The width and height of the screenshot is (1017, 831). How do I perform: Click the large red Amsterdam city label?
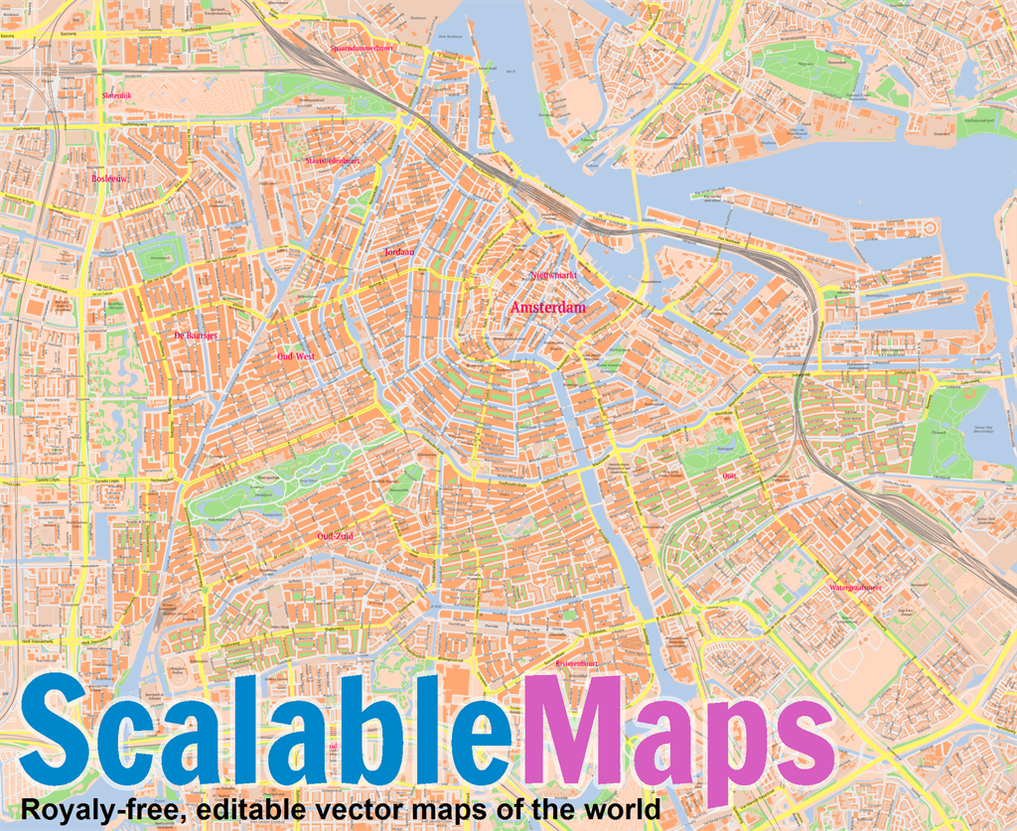548,309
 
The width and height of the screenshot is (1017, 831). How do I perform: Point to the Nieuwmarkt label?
555,273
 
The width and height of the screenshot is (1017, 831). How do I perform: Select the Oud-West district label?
296,354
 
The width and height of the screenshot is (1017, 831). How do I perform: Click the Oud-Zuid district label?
335,536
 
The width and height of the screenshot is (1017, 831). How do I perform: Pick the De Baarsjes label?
195,336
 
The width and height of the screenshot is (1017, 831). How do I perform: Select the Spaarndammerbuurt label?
362,48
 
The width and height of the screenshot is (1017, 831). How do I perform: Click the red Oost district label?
730,476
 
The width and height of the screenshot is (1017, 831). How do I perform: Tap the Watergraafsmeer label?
855,588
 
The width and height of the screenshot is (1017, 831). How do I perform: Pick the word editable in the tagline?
241,807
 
